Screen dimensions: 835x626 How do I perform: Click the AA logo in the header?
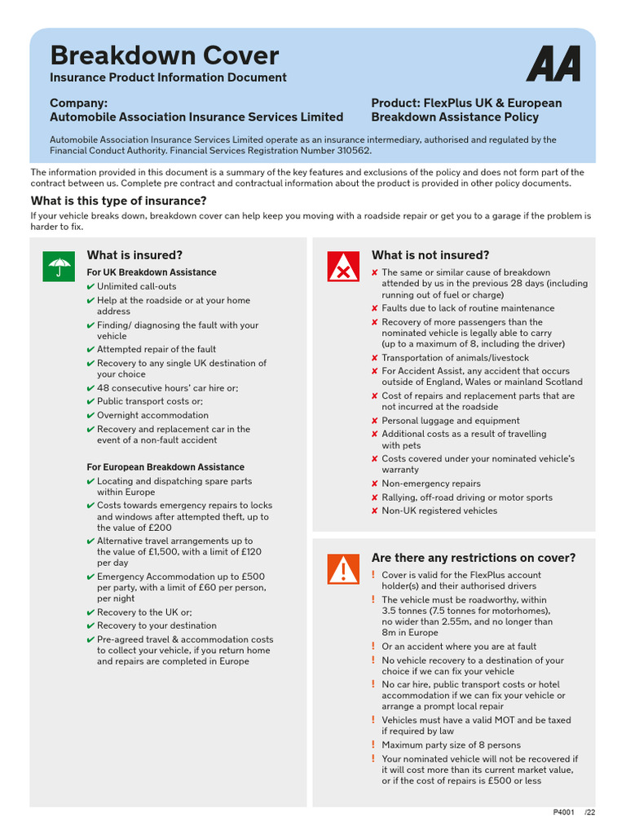(x=553, y=64)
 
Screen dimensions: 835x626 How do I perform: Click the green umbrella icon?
(x=59, y=266)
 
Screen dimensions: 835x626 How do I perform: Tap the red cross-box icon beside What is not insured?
(x=343, y=266)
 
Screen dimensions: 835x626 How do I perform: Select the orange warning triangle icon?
(x=343, y=568)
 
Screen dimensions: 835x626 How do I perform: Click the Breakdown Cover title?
(x=164, y=55)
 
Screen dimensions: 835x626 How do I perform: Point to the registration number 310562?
(x=352, y=151)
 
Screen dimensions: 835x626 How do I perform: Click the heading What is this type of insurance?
(x=118, y=201)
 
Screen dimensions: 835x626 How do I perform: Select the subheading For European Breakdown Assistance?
(x=165, y=467)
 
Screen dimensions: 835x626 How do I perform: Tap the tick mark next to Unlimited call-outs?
(x=90, y=287)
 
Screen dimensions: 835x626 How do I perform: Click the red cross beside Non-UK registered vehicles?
(x=374, y=511)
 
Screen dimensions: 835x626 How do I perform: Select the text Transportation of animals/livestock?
(x=455, y=357)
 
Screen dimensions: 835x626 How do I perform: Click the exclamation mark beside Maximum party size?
(x=373, y=744)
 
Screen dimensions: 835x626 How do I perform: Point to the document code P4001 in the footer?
(x=563, y=812)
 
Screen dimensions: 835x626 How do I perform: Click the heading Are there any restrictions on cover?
(x=473, y=558)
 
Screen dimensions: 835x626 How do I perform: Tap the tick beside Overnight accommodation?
(x=90, y=415)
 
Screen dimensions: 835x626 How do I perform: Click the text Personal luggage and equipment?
(x=450, y=421)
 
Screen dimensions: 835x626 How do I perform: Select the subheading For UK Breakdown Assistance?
(x=152, y=272)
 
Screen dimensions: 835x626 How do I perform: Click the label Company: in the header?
(x=78, y=103)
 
